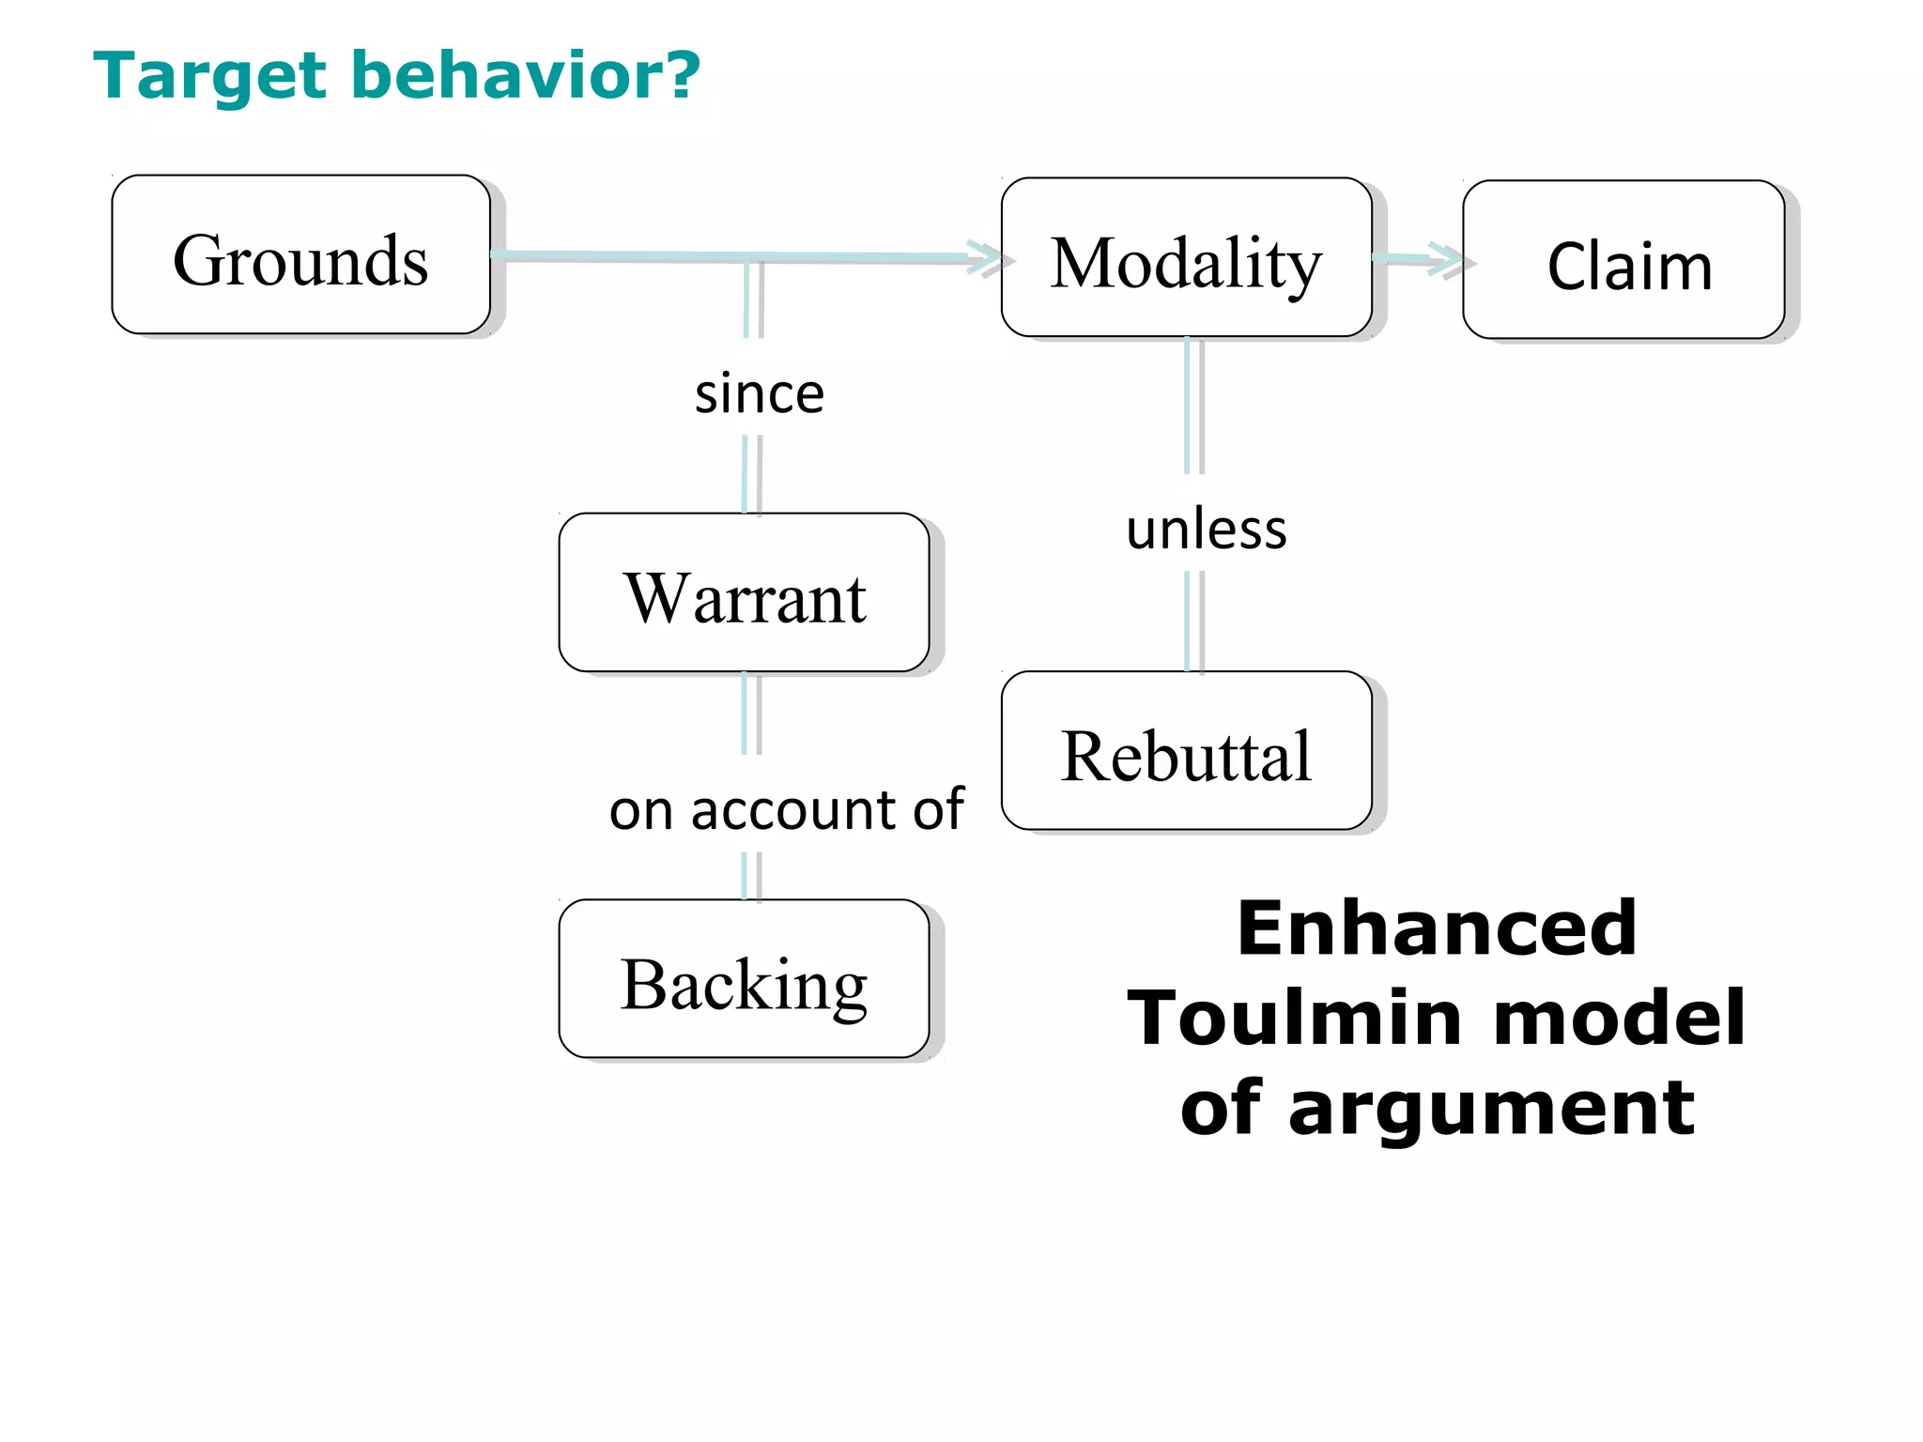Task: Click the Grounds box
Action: [x=300, y=254]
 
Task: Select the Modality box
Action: [x=1186, y=257]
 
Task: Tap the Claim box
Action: [x=1623, y=260]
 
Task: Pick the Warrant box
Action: [x=744, y=592]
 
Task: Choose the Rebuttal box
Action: [x=1186, y=751]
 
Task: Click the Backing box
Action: [x=744, y=979]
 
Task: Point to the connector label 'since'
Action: [x=759, y=393]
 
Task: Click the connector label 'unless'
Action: [x=1206, y=529]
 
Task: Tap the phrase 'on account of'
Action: [x=786, y=809]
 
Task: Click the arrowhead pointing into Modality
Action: [x=986, y=257]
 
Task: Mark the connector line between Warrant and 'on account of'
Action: [x=751, y=713]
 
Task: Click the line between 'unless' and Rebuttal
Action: [x=1193, y=621]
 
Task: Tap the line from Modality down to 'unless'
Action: [x=1193, y=406]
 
